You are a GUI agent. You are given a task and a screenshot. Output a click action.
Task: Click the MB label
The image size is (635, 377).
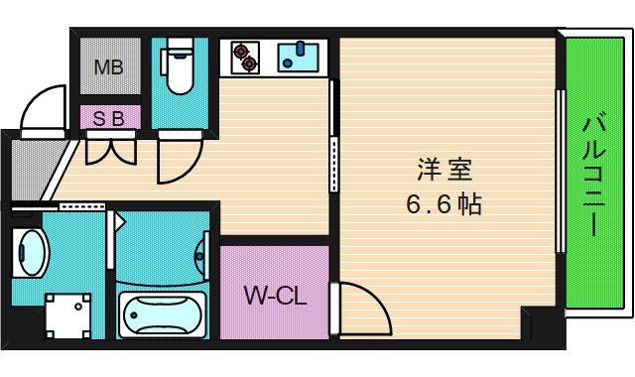click(x=108, y=67)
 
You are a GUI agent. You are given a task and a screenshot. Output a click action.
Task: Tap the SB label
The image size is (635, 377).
click(x=108, y=118)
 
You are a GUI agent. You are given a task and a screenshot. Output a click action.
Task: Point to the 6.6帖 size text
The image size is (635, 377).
click(x=443, y=205)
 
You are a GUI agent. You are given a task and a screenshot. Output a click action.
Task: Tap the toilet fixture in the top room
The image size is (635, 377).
click(x=180, y=67)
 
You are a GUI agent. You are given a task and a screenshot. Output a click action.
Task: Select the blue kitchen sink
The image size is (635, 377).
click(x=297, y=58)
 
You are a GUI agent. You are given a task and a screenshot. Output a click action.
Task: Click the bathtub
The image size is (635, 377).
click(x=162, y=315)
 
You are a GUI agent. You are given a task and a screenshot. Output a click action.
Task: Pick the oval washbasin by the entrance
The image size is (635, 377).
click(x=32, y=255)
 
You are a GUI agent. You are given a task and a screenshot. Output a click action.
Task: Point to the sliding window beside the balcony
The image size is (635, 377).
click(x=562, y=174)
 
